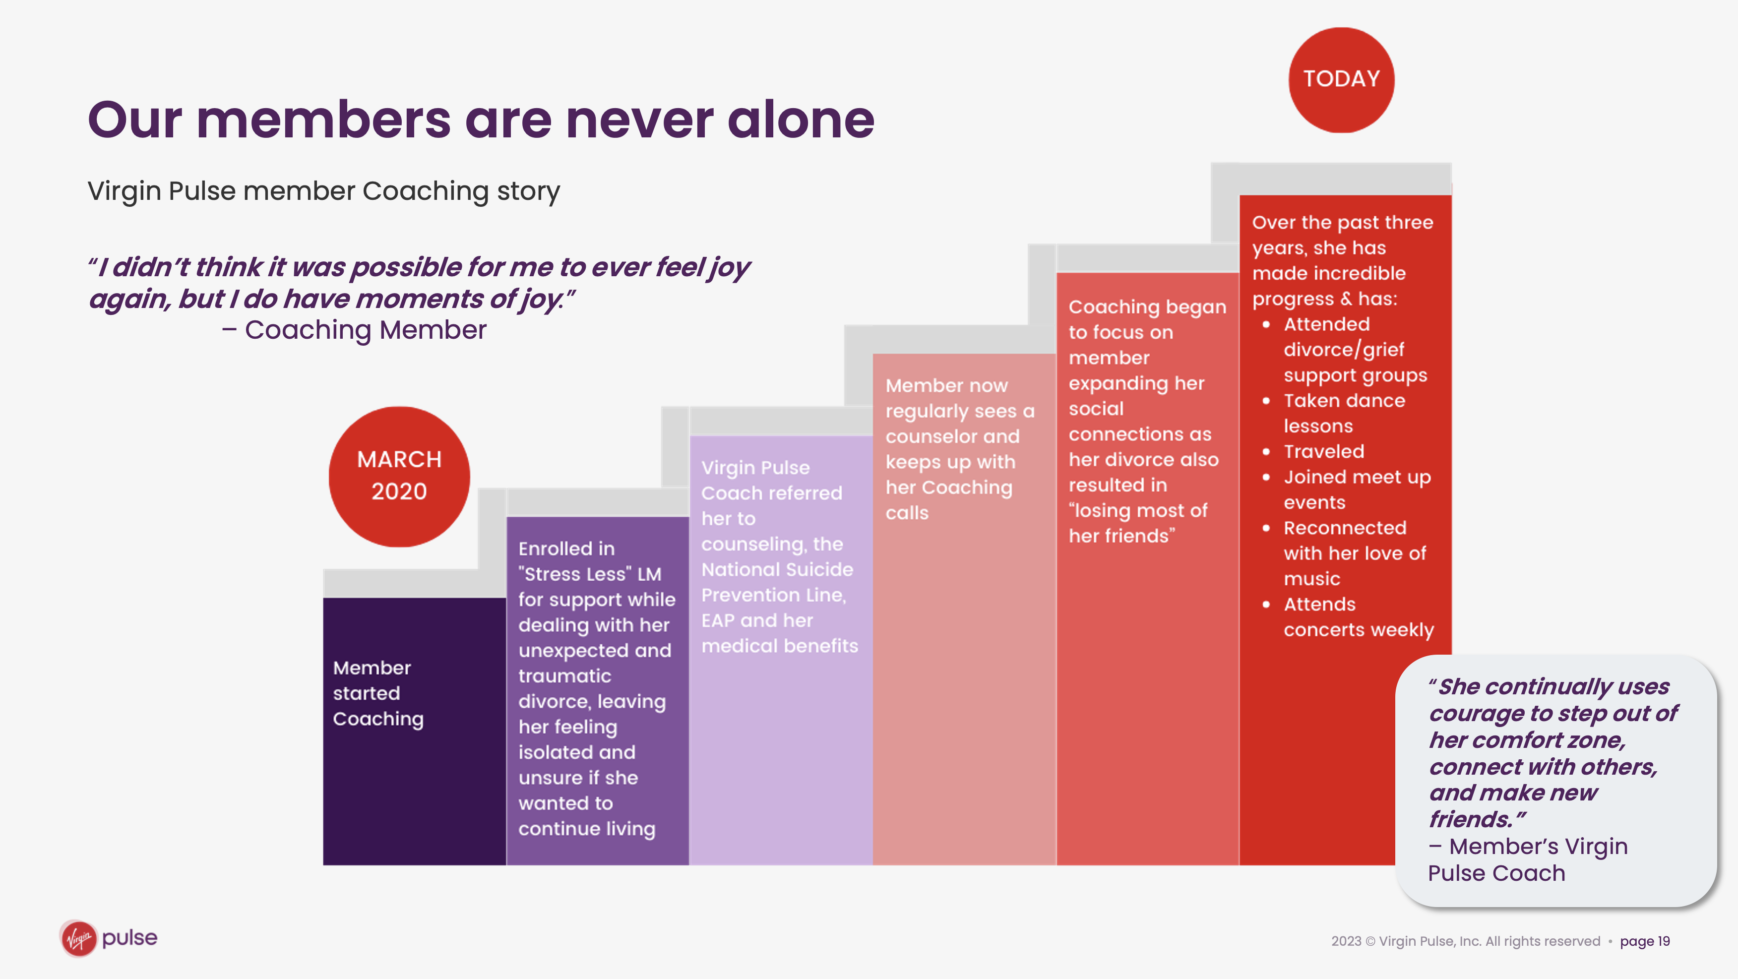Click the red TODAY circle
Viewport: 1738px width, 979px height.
[x=1341, y=80]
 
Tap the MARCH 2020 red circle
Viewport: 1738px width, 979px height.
[x=399, y=476]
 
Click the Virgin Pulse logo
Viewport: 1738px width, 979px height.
[x=109, y=938]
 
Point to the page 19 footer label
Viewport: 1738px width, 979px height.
[x=1645, y=941]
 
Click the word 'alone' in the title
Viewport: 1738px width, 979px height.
[x=801, y=120]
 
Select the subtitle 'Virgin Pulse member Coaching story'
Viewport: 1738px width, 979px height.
[x=324, y=191]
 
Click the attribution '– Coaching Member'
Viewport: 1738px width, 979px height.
[x=354, y=330]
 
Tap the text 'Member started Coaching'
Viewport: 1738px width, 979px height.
[x=378, y=693]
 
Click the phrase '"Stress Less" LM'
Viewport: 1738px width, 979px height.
[x=590, y=574]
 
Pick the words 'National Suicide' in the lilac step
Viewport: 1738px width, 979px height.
[x=777, y=569]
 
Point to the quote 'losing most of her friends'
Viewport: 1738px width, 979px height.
[x=1138, y=523]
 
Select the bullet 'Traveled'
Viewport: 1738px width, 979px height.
[x=1324, y=451]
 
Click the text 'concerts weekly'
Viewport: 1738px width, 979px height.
[x=1358, y=629]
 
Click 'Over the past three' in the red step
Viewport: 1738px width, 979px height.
[x=1343, y=222]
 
